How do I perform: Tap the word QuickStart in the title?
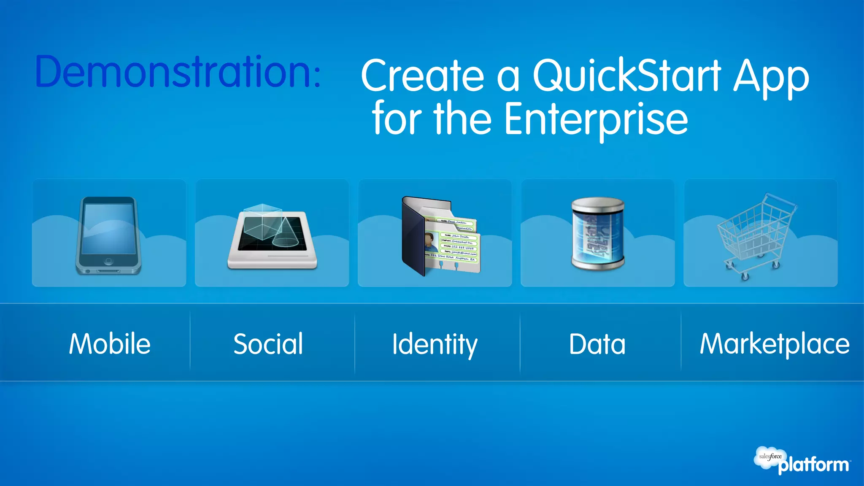627,76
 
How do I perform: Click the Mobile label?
110,344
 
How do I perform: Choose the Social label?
268,344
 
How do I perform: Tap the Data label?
597,344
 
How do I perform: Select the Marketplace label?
775,344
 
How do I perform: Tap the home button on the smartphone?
108,261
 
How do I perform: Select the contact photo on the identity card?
431,243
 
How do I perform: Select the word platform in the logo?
813,465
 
